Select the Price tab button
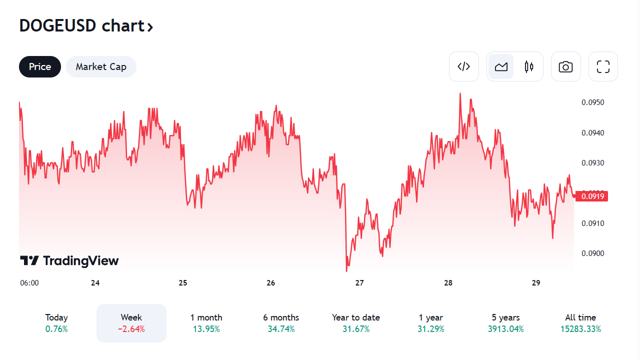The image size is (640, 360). pos(40,67)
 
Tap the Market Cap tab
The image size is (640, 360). pos(101,67)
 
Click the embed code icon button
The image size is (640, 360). pos(464,66)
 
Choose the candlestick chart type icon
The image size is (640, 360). pos(529,66)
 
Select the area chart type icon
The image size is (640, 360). pos(501,66)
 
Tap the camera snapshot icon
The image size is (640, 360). pos(565,66)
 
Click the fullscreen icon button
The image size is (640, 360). pos(603,66)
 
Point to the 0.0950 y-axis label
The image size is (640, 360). pos(593,102)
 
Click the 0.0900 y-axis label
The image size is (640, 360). pos(593,253)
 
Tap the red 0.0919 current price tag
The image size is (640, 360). pos(591,196)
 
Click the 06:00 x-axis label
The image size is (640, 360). pos(29,283)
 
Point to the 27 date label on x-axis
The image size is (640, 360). pos(359,283)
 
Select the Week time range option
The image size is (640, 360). pos(131,323)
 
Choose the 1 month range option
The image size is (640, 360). pos(206,323)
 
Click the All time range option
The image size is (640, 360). pos(580,323)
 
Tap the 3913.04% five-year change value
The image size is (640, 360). pos(505,329)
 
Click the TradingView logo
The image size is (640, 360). pos(69,260)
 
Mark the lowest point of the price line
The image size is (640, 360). pos(346,271)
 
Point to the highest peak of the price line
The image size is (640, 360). pos(460,93)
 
